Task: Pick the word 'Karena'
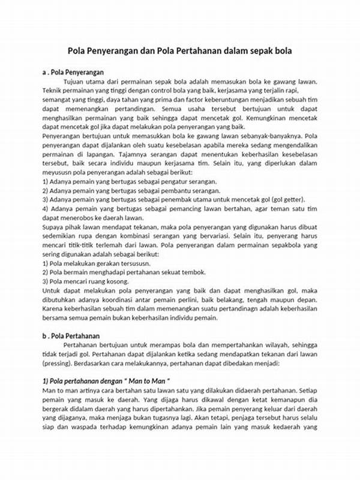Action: (x=53, y=310)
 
